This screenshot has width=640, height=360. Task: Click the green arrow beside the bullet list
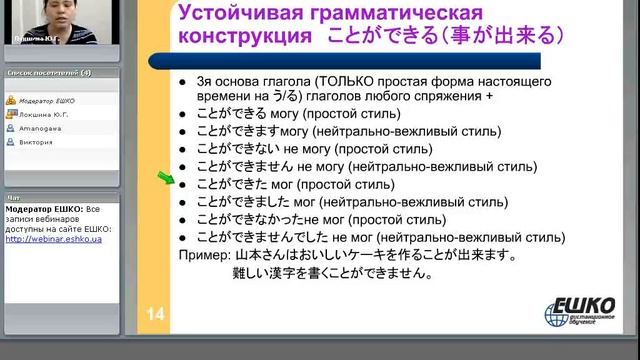click(x=165, y=181)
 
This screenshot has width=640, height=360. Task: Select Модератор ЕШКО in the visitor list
click(x=46, y=100)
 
